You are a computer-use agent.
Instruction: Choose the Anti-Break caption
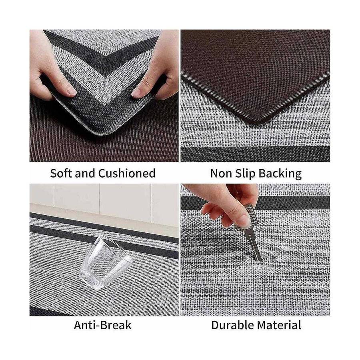tap(103, 325)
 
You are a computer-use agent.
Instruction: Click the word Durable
tap(232, 325)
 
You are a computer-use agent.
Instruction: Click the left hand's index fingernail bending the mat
tap(71, 91)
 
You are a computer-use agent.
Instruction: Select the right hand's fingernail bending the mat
tap(136, 92)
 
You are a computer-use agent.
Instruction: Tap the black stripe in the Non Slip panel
tap(255, 154)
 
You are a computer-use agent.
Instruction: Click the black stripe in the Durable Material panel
tap(255, 203)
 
